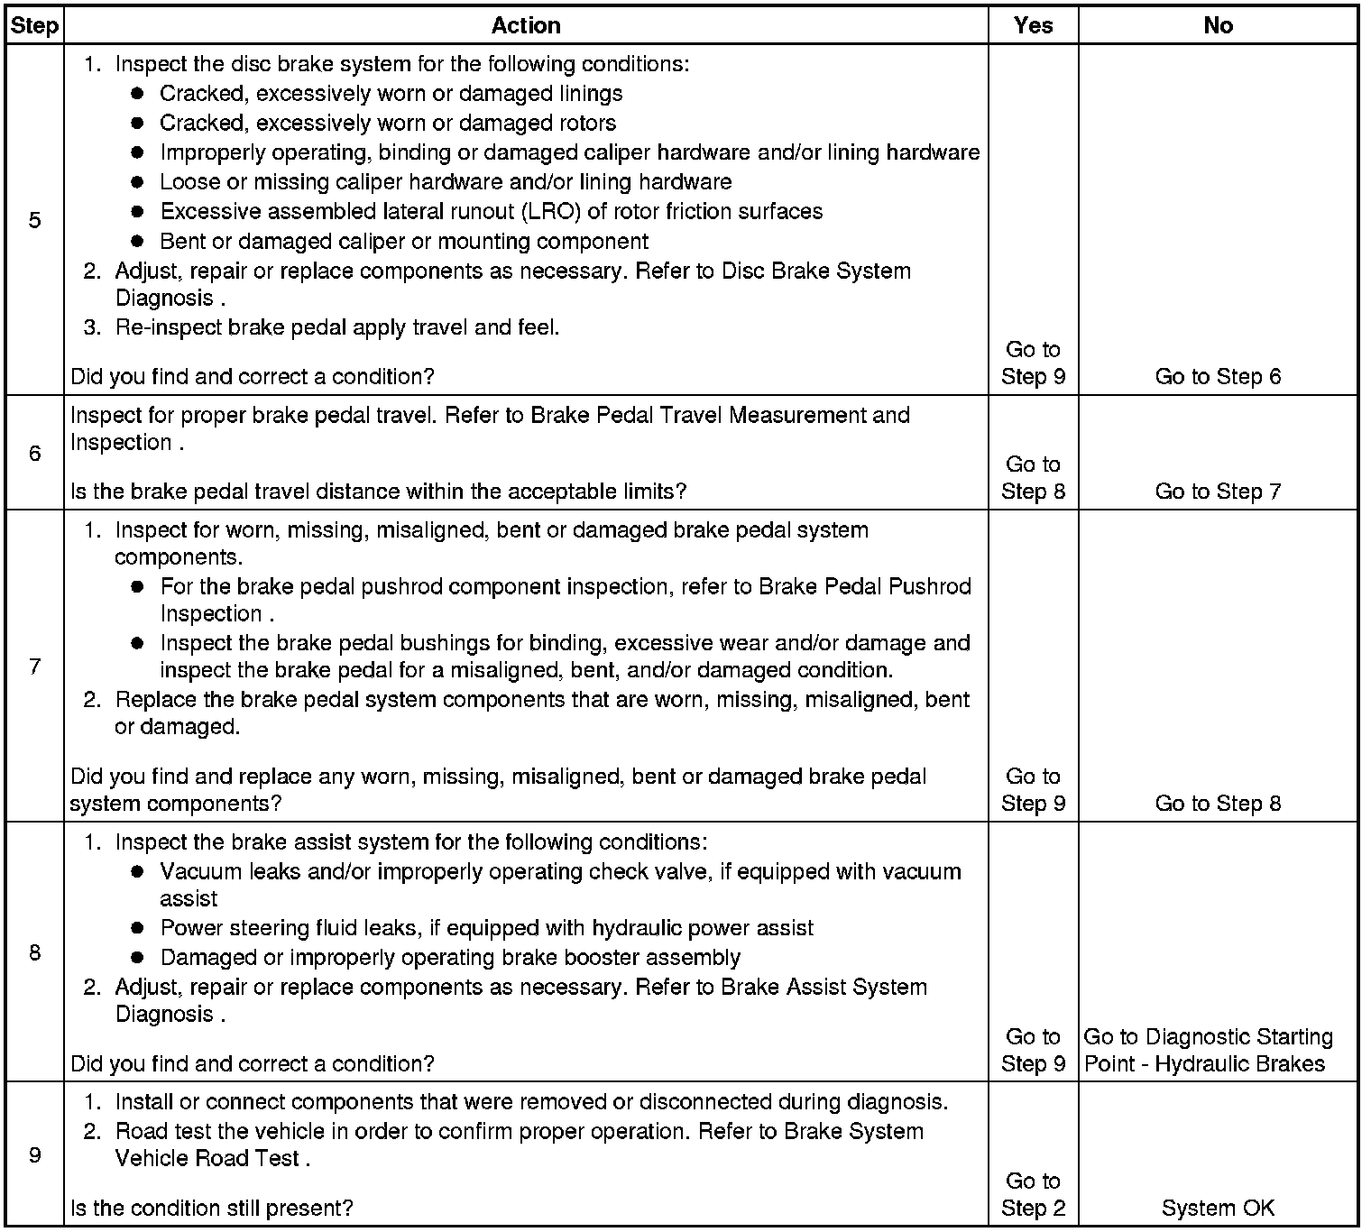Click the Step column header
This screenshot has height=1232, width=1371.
(33, 25)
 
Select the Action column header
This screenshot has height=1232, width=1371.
(526, 25)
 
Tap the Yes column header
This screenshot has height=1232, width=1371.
(1033, 25)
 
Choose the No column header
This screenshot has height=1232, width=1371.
(1218, 25)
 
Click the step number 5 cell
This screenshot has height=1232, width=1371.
(34, 221)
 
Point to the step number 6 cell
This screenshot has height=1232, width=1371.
(34, 453)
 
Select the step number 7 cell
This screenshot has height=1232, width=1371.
(34, 667)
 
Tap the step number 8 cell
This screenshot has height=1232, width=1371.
(34, 952)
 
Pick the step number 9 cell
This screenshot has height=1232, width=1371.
(34, 1155)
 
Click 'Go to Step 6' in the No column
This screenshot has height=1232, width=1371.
(1218, 377)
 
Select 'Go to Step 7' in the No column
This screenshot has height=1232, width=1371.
(1218, 492)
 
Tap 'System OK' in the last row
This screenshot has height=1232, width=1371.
(1218, 1209)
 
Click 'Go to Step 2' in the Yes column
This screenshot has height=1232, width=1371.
(1033, 1195)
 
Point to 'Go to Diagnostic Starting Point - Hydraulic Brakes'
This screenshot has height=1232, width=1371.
(1209, 1051)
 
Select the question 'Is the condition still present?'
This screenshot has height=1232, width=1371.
(212, 1209)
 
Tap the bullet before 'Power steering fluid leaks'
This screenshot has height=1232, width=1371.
(137, 928)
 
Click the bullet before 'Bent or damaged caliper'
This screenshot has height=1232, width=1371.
(137, 242)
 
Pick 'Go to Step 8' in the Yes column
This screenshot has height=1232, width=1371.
(1033, 478)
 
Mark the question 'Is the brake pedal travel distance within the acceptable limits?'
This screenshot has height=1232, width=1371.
(379, 492)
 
